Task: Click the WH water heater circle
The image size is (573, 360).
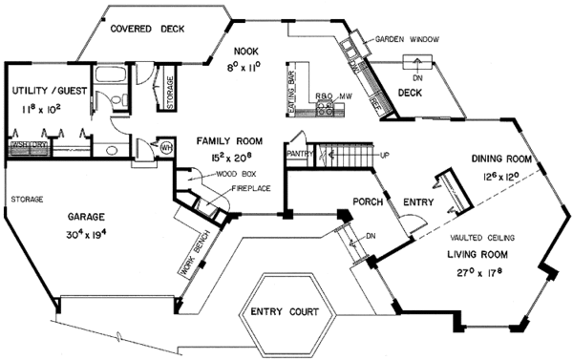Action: tap(164, 146)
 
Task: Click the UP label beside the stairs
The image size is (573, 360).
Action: tap(384, 154)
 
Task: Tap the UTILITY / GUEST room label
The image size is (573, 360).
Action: tap(50, 91)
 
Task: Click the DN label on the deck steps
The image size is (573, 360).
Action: tap(417, 77)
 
